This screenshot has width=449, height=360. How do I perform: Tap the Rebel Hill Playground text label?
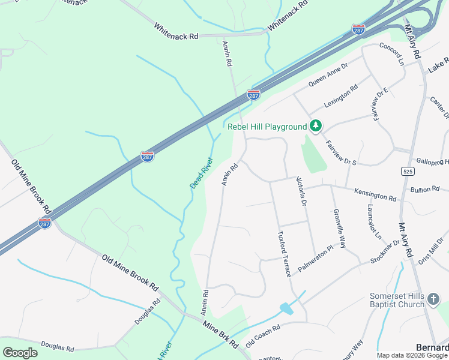click(267, 127)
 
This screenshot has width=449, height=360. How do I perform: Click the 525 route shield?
click(408, 172)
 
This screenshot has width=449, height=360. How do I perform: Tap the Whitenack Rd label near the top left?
click(175, 31)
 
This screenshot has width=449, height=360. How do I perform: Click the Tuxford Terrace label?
click(284, 253)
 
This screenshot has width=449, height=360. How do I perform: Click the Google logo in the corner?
click(20, 353)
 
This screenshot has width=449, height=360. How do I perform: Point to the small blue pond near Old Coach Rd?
click(286, 309)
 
